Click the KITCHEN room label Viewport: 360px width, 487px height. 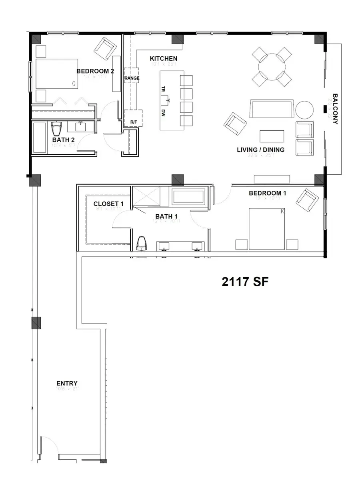coord(163,58)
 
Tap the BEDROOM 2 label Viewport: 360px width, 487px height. coord(95,71)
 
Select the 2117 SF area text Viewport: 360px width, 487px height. coord(245,282)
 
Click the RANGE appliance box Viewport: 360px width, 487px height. coord(132,78)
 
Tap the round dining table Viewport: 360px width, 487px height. coord(272,66)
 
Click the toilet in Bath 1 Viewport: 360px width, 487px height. coord(141,243)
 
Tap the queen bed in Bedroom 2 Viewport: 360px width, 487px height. coord(57,74)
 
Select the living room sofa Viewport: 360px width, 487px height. coord(271,109)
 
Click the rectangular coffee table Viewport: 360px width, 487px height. coord(272,136)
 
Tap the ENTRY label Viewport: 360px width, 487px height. coord(67,383)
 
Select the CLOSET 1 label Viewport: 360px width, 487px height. coord(108,204)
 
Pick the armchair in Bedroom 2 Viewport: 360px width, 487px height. coord(105,48)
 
